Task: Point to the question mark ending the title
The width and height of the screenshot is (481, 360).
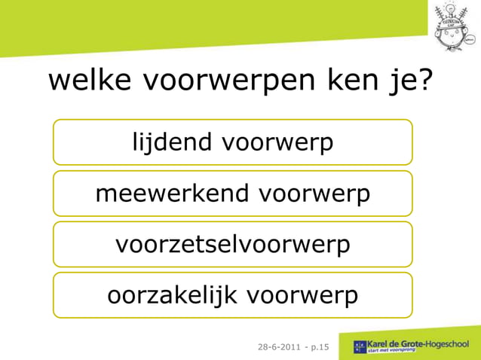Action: click(x=424, y=80)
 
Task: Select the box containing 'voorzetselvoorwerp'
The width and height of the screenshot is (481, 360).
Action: click(x=232, y=244)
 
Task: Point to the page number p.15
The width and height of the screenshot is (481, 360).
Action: click(x=320, y=347)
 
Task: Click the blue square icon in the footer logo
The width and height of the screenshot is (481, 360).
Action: click(x=360, y=347)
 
